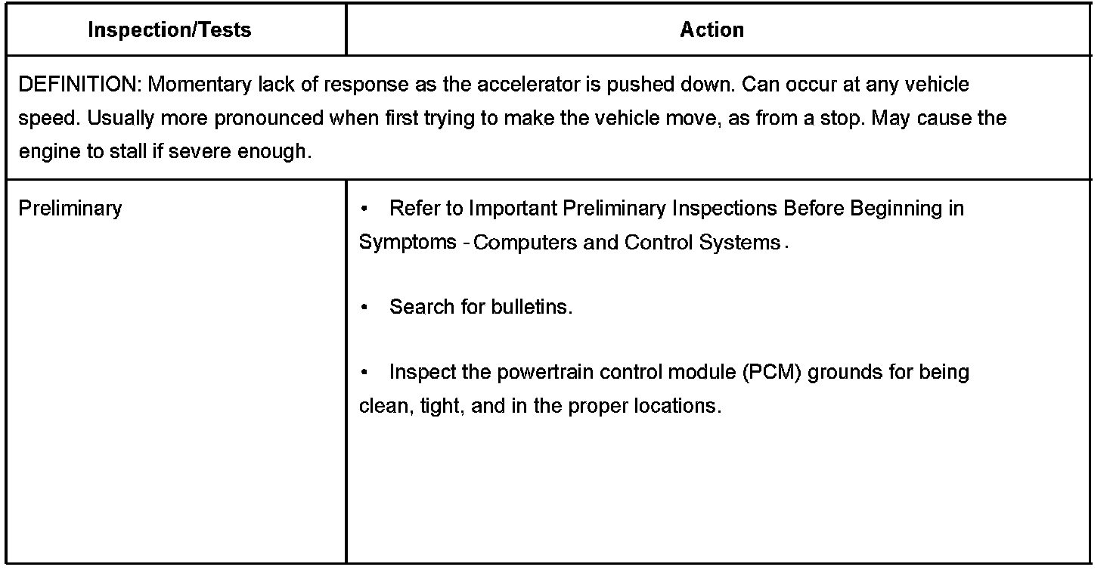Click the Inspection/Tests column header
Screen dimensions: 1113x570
point(169,30)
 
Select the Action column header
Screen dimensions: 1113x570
point(712,30)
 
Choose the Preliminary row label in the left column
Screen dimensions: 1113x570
point(70,208)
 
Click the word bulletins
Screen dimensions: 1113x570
point(532,307)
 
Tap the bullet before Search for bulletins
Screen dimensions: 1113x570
point(364,308)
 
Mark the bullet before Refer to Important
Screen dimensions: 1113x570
point(364,209)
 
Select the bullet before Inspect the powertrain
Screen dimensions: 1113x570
point(364,373)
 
